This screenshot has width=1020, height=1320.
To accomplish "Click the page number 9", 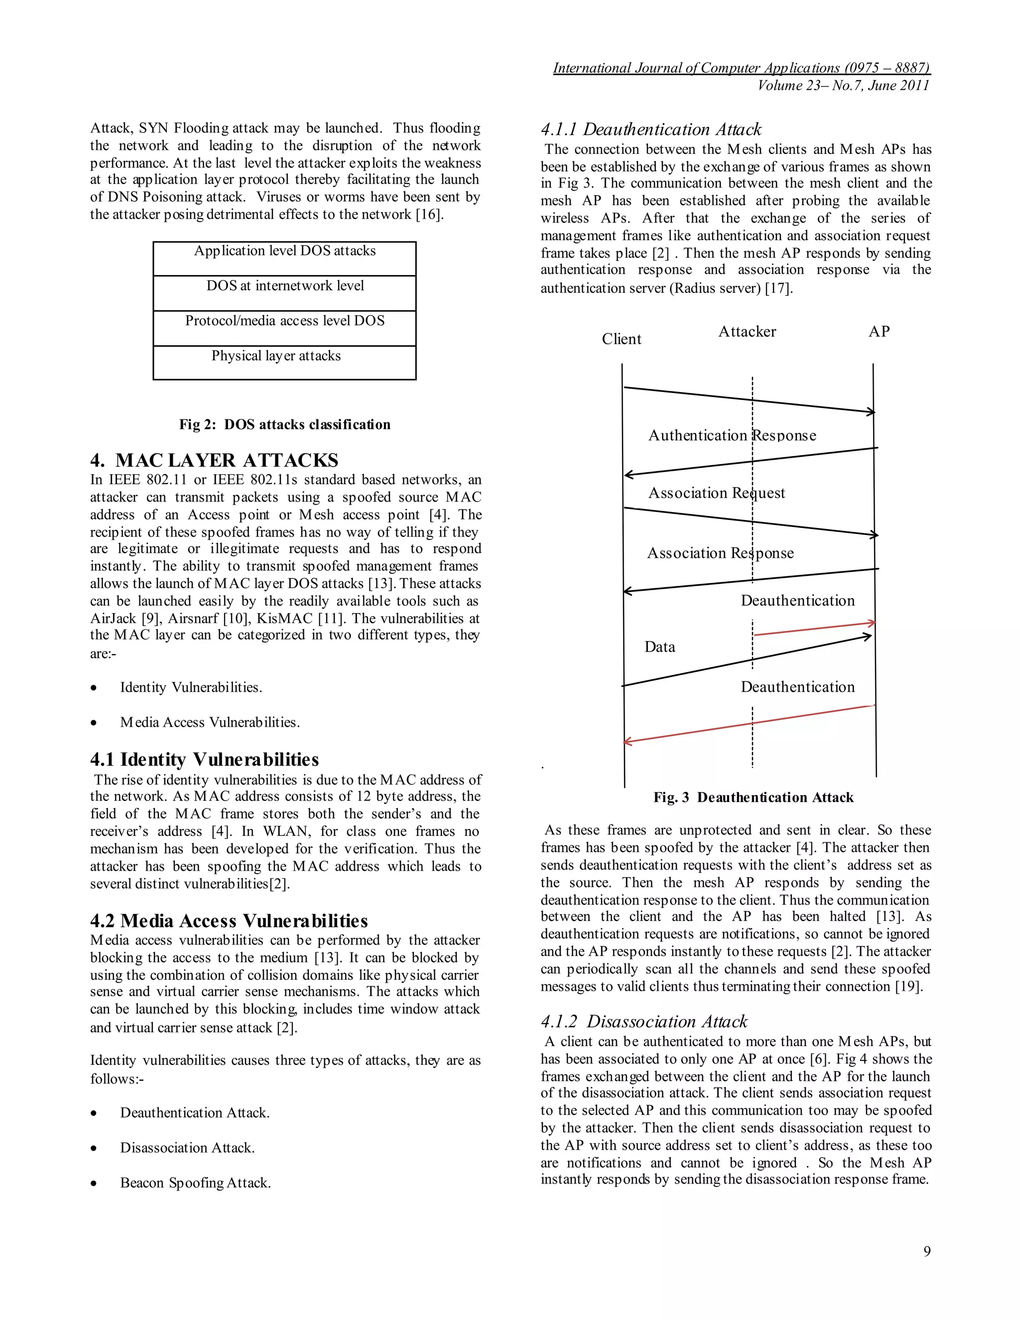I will click(926, 1251).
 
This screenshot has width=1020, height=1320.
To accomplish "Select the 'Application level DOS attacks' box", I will click(284, 258).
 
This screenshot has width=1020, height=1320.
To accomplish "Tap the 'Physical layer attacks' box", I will click(284, 362).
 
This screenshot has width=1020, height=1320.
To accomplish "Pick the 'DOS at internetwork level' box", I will click(284, 292).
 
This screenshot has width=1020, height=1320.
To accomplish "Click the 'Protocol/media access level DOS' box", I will click(284, 328).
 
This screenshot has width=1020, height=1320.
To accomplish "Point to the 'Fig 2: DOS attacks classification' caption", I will click(284, 424).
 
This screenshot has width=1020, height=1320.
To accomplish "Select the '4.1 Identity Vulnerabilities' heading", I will click(204, 759).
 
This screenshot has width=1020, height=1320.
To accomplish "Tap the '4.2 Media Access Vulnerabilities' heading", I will click(229, 921).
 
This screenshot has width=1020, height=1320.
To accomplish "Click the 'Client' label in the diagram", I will click(621, 339).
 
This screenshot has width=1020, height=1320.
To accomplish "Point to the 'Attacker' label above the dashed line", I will click(747, 331).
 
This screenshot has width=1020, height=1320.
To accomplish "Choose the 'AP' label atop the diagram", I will click(879, 331).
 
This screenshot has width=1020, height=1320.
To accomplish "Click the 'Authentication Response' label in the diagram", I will click(732, 435).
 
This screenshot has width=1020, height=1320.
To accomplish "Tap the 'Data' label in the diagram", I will click(659, 647).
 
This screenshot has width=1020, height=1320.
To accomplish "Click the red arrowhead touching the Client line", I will click(628, 741).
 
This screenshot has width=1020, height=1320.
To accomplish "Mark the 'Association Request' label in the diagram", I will click(716, 493).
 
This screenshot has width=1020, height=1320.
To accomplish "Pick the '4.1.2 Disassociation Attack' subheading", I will click(644, 1022).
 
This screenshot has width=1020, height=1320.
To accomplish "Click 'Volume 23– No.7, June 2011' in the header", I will click(843, 85).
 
